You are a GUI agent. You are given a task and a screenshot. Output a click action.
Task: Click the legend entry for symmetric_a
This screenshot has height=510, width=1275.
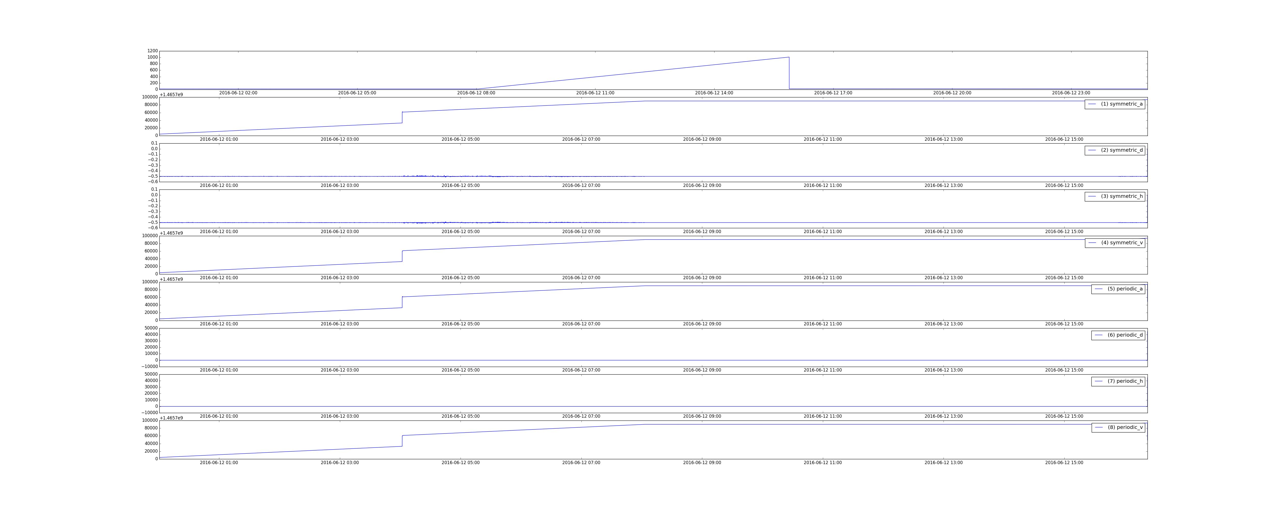[1115, 104]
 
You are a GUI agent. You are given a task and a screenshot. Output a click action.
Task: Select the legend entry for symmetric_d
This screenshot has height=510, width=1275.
[1115, 150]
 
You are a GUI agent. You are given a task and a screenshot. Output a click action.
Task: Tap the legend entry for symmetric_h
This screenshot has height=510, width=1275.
[1115, 196]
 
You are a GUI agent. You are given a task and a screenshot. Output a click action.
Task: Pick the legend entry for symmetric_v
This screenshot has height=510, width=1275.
[1115, 243]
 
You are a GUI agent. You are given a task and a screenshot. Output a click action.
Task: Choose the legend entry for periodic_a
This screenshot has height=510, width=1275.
[1118, 289]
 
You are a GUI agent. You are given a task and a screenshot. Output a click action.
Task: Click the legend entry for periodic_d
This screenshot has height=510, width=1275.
[1118, 335]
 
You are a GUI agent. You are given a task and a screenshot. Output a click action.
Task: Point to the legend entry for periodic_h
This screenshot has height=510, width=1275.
[1118, 381]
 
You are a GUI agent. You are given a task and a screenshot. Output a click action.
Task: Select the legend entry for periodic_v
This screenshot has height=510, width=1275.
[1118, 427]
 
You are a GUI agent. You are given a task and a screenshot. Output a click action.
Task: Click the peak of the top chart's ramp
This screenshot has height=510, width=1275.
[789, 57]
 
